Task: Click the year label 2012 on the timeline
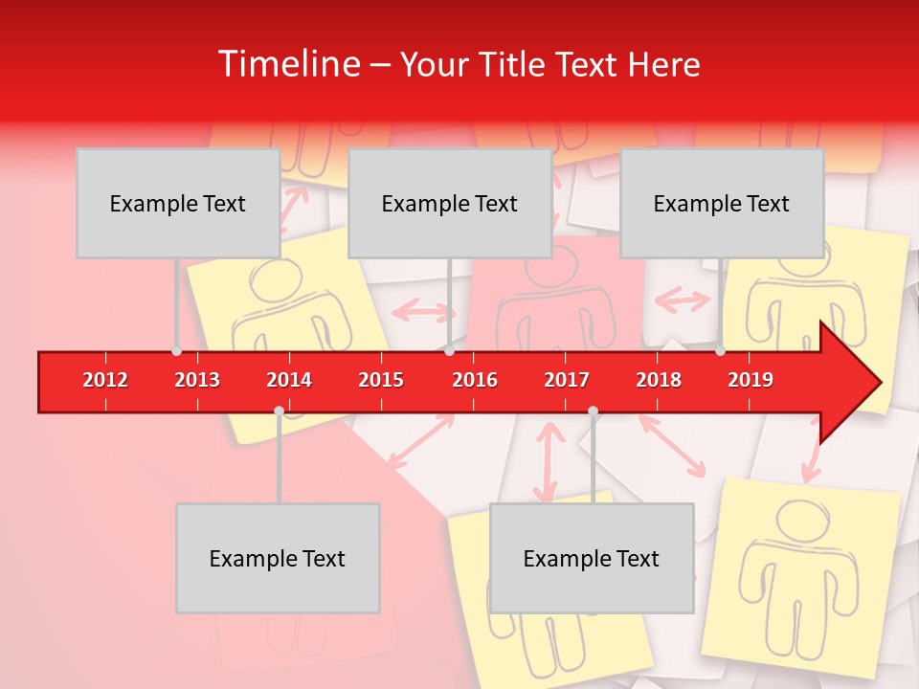(105, 380)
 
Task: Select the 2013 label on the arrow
(197, 380)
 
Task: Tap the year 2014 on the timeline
(289, 380)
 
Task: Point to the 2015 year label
(381, 380)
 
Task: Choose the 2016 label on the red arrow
(475, 380)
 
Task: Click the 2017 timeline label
(567, 380)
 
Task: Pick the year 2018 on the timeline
(659, 380)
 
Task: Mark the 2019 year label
(751, 380)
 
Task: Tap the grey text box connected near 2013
(178, 203)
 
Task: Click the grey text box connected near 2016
(450, 203)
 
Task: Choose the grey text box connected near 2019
(722, 203)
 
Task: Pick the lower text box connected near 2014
(278, 558)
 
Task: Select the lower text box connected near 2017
(592, 558)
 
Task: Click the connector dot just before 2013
(176, 351)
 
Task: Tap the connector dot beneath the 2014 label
(279, 411)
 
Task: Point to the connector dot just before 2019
(720, 351)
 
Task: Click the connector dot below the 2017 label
(593, 411)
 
